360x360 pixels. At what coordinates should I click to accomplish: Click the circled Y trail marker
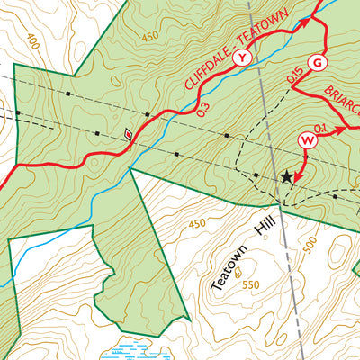coord(241,58)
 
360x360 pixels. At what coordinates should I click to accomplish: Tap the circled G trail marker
coord(316,62)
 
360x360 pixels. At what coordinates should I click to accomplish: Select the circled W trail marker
coord(308,140)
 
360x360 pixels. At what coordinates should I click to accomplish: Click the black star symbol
coord(287,177)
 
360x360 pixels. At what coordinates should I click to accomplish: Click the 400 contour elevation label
coord(34,42)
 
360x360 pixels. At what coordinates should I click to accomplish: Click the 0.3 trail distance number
coord(202,108)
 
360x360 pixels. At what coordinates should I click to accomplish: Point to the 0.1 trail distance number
coord(319,127)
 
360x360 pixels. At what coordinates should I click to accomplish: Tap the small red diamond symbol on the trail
coord(128,135)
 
